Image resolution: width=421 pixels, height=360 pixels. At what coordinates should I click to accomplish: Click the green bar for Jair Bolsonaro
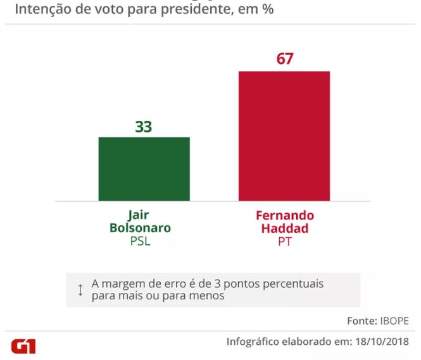pyautogui.click(x=144, y=169)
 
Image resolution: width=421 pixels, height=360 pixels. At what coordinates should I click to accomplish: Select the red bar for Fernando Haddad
pyautogui.click(x=284, y=135)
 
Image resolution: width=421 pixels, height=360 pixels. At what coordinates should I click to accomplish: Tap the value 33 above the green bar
pyautogui.click(x=144, y=127)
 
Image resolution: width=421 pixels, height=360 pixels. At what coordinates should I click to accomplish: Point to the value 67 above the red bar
pyautogui.click(x=285, y=59)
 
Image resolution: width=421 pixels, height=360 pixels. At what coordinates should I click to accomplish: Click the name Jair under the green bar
pyautogui.click(x=143, y=215)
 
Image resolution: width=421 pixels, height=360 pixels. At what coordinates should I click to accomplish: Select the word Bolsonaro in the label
pyautogui.click(x=144, y=228)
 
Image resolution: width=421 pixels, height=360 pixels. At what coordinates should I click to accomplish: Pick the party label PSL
pyautogui.click(x=143, y=241)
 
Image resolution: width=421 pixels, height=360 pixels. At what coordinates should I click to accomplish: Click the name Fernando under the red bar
pyautogui.click(x=284, y=215)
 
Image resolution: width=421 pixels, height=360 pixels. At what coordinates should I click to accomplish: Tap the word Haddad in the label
pyautogui.click(x=284, y=228)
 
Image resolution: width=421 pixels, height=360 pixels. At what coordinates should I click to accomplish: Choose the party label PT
pyautogui.click(x=284, y=241)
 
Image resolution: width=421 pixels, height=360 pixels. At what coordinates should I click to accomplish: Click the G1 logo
pyautogui.click(x=23, y=346)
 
